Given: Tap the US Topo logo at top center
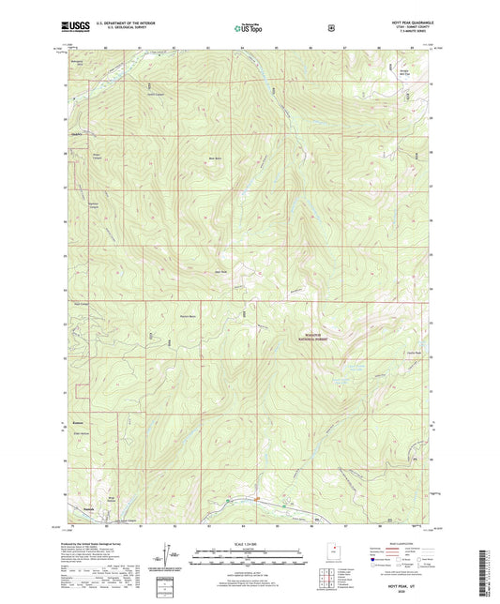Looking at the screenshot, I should coord(248,28).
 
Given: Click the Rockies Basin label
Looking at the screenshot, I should coord(187,316).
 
